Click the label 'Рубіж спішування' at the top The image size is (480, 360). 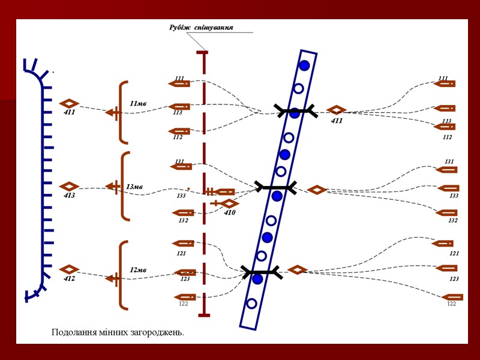click(201, 28)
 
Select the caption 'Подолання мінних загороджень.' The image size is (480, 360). click(118, 332)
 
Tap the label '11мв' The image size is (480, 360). click(138, 103)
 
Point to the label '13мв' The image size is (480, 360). click(134, 187)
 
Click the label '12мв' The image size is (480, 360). click(138, 270)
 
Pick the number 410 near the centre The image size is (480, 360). click(230, 212)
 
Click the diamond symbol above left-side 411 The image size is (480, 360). click(70, 103)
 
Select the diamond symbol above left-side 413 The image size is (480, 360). click(70, 186)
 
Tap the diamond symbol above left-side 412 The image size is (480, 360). click(70, 269)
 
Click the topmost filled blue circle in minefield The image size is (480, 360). click(304, 65)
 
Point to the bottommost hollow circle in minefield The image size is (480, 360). click(252, 304)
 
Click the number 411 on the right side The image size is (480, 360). click(337, 121)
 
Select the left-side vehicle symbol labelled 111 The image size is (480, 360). click(179, 84)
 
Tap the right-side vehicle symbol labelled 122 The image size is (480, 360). click(453, 297)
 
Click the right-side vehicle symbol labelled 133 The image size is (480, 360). click(448, 188)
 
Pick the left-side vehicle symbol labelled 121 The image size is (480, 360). click(184, 244)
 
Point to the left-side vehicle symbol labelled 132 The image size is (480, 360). click(183, 212)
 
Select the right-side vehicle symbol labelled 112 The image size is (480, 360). click(445, 127)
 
